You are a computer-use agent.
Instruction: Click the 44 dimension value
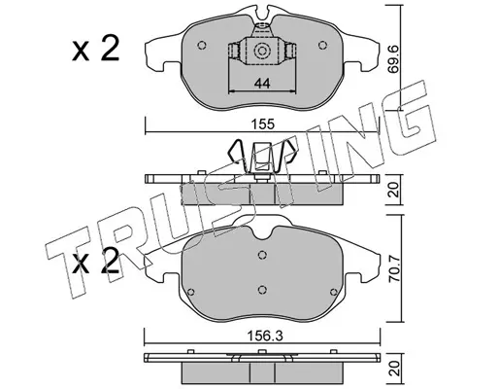pos(262,84)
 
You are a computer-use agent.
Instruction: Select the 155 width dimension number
pos(264,124)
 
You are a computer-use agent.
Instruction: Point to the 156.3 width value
pos(265,336)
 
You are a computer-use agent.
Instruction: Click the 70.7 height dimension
pos(394,267)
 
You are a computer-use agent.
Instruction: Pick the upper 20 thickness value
pos(394,190)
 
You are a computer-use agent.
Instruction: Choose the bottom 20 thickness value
pos(394,369)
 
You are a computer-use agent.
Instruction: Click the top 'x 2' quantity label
pos(95,49)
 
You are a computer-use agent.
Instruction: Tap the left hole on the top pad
pos(202,46)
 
